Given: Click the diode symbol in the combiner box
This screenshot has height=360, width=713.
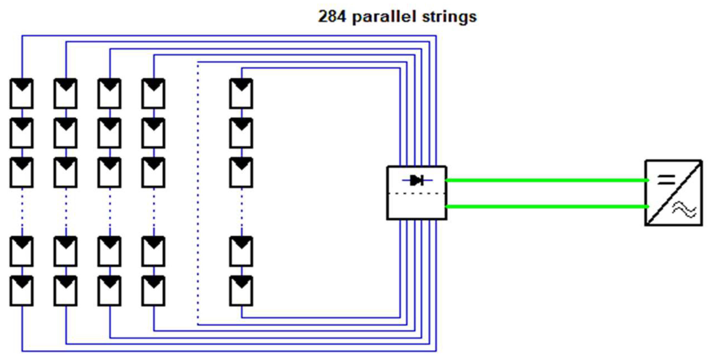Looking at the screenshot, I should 417,180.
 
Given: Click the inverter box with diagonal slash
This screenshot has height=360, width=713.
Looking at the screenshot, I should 673,193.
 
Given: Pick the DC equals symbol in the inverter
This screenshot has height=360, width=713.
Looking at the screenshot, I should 666,179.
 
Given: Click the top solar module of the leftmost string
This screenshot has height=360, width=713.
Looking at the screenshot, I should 22,94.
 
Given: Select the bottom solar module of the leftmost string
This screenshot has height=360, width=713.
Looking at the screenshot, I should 22,291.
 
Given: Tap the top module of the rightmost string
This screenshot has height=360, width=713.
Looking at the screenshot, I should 241,94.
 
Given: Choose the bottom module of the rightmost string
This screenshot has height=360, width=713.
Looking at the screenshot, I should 241,291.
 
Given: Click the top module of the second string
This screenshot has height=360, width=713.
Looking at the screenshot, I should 66,94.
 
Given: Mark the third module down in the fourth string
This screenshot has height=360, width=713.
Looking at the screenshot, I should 153,173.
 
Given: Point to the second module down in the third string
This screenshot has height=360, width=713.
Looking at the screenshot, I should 110,133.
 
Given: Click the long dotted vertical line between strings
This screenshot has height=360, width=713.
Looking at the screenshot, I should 198,194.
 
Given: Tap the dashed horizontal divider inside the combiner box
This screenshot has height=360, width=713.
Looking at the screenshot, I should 417,194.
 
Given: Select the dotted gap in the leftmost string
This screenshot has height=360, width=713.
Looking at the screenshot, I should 22,212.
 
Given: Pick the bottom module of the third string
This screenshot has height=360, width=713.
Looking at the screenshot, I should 110,291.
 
